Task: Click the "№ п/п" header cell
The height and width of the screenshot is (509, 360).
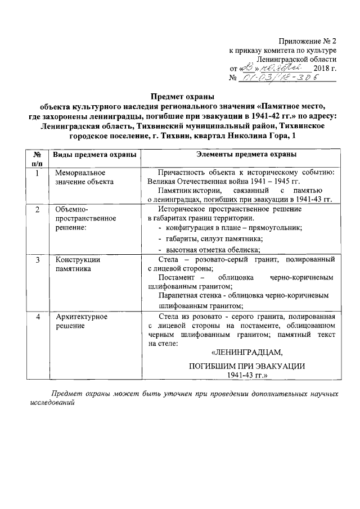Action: tap(37, 159)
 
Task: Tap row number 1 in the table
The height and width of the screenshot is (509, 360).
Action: tap(37, 173)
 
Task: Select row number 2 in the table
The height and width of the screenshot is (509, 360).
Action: tap(37, 209)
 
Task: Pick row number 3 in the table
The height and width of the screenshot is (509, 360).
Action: tap(37, 259)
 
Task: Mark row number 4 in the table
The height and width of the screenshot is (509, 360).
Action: tap(37, 317)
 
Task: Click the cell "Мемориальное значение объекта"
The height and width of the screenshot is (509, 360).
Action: tap(84, 177)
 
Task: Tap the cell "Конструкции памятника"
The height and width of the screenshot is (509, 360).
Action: tap(78, 264)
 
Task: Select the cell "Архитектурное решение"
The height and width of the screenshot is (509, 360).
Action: tap(82, 321)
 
